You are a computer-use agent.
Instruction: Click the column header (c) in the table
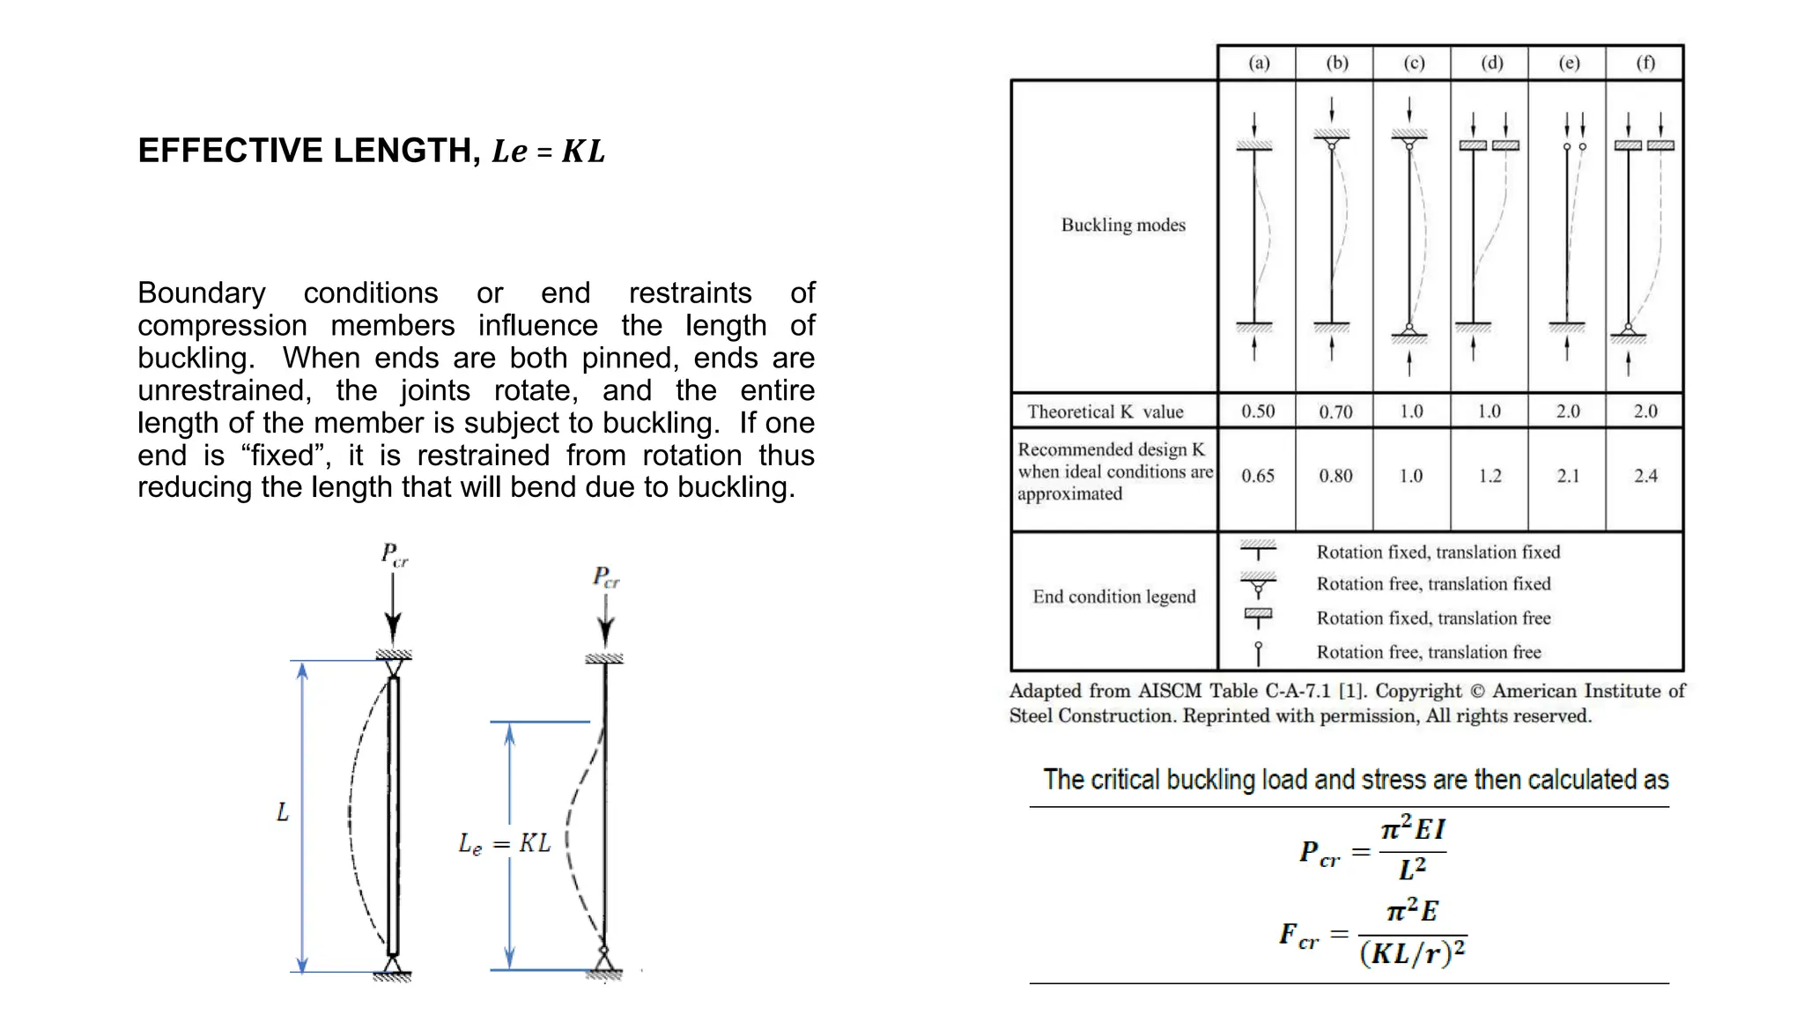pyautogui.click(x=1413, y=63)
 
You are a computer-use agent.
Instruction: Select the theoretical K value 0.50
pyautogui.click(x=1258, y=411)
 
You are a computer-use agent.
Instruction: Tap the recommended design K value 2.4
pyautogui.click(x=1645, y=476)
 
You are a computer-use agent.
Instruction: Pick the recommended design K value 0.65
pyautogui.click(x=1258, y=476)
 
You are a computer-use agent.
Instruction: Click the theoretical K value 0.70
pyautogui.click(x=1335, y=411)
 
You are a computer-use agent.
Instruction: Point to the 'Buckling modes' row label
pyautogui.click(x=1123, y=225)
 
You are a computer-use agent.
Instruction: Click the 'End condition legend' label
pyautogui.click(x=1114, y=596)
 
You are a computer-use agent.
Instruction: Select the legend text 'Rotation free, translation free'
pyautogui.click(x=1428, y=652)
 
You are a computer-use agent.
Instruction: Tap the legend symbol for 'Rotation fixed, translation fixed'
pyautogui.click(x=1258, y=550)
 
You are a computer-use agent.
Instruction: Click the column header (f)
pyautogui.click(x=1645, y=63)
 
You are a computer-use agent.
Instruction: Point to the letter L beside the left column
pyautogui.click(x=282, y=811)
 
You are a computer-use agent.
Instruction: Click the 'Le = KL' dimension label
pyautogui.click(x=505, y=844)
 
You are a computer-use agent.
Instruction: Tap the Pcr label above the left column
pyautogui.click(x=394, y=555)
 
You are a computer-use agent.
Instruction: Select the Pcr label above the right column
pyautogui.click(x=606, y=578)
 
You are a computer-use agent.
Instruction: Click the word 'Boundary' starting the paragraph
pyautogui.click(x=201, y=293)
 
